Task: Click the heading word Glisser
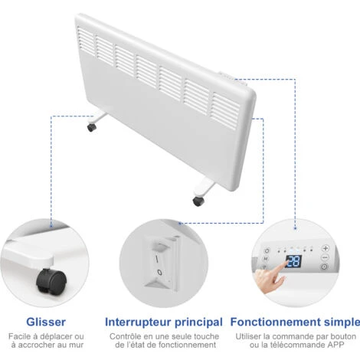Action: click(46, 322)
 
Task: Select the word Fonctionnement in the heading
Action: click(276, 322)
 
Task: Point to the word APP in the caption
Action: click(335, 345)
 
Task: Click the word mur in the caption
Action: click(76, 345)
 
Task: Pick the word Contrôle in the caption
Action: click(124, 336)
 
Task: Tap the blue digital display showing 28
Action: click(293, 261)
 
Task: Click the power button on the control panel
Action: click(267, 250)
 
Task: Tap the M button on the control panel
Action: click(266, 259)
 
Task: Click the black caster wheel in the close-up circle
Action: click(51, 280)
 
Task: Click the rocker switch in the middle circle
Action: click(160, 263)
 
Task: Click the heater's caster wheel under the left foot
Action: click(91, 127)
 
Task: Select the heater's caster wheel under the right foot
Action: click(198, 201)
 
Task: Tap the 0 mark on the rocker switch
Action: click(159, 272)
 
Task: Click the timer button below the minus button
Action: click(324, 267)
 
